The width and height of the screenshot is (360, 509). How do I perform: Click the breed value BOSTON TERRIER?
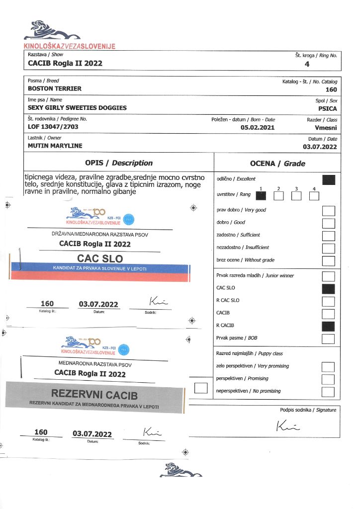55,88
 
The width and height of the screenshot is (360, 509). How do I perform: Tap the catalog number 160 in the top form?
331,90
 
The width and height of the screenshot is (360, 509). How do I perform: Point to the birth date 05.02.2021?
257,127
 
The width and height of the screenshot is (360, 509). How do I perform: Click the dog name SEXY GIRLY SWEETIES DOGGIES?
77,108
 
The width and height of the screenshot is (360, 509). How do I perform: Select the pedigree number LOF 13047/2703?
53,127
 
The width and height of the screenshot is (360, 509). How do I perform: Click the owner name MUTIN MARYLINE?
55,146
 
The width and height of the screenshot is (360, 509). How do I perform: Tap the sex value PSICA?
327,108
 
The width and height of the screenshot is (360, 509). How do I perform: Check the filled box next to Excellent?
328,180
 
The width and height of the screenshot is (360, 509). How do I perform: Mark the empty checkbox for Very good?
328,211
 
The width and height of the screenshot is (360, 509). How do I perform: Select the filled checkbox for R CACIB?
328,327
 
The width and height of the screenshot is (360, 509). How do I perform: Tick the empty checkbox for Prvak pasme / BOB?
328,339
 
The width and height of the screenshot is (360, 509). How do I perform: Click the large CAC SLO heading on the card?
100,258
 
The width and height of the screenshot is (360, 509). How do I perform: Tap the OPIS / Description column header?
119,163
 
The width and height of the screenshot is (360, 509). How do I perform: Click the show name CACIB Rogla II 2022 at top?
65,63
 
